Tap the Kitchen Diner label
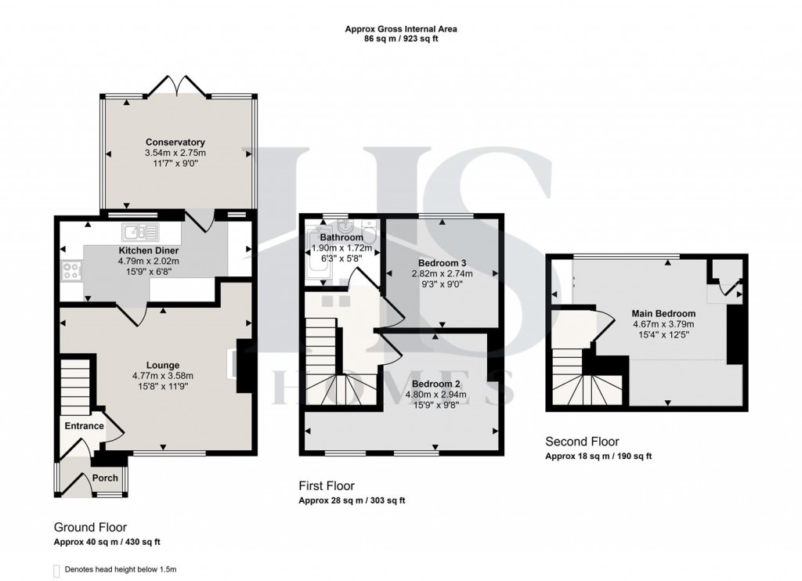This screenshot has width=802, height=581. click(149, 251)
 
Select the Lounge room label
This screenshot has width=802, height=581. click(162, 365)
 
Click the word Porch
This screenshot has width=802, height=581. click(106, 478)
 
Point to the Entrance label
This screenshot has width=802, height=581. click(84, 426)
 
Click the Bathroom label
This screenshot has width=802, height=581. click(341, 237)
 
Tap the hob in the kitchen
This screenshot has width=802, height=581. click(70, 272)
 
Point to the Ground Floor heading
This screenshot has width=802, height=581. click(90, 528)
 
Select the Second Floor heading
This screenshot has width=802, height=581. click(582, 442)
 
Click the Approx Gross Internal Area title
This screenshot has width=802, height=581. click(401, 29)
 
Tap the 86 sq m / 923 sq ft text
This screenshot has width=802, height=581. click(401, 38)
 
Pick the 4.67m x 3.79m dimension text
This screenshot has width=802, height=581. click(663, 324)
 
